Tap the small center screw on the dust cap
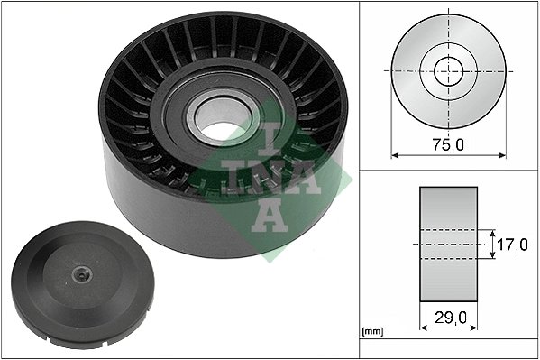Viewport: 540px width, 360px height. pos(80,275)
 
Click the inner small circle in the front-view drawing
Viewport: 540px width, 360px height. pos(447,69)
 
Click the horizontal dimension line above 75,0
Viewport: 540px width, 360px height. pos(447,154)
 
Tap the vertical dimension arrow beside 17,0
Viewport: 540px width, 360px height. pos(493,244)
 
